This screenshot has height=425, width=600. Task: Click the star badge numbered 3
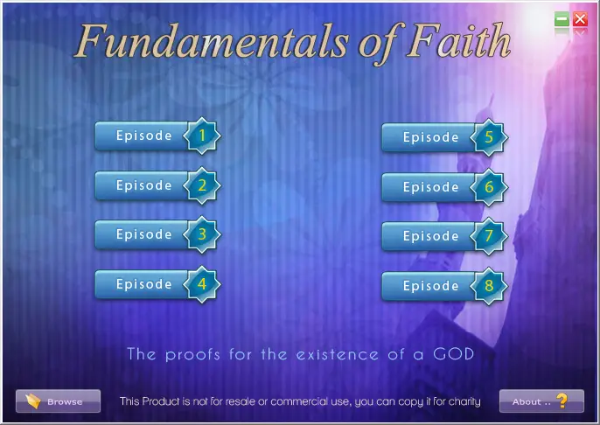click(x=202, y=234)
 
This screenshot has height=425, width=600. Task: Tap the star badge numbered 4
click(x=202, y=284)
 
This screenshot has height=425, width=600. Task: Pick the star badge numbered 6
click(x=489, y=187)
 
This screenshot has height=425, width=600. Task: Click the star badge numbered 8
click(x=489, y=286)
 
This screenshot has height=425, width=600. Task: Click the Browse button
click(x=58, y=401)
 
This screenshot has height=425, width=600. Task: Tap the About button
click(x=541, y=401)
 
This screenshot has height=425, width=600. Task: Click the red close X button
click(x=580, y=18)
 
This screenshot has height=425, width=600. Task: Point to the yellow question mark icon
click(x=562, y=401)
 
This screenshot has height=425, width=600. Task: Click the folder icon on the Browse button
click(x=33, y=401)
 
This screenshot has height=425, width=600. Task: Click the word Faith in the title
click(x=458, y=41)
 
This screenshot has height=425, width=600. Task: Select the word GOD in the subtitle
click(x=454, y=354)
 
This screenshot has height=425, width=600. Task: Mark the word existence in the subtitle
click(x=338, y=355)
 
